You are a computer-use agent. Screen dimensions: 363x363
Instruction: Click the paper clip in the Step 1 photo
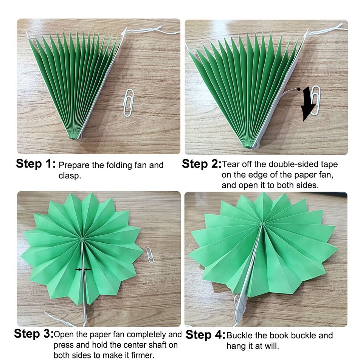[129, 102]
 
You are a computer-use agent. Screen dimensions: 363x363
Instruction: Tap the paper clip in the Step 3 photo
[150, 255]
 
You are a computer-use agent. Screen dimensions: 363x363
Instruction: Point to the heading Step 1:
[36, 164]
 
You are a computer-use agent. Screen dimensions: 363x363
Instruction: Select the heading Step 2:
[201, 164]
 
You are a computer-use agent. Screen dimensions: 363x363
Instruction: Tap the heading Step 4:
[205, 335]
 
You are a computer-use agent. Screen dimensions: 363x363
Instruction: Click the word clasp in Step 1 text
[70, 176]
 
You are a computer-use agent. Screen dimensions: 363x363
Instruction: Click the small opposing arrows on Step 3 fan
[83, 269]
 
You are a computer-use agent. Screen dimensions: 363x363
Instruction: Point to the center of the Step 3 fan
[82, 238]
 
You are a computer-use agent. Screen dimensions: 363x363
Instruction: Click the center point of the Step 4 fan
[262, 225]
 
